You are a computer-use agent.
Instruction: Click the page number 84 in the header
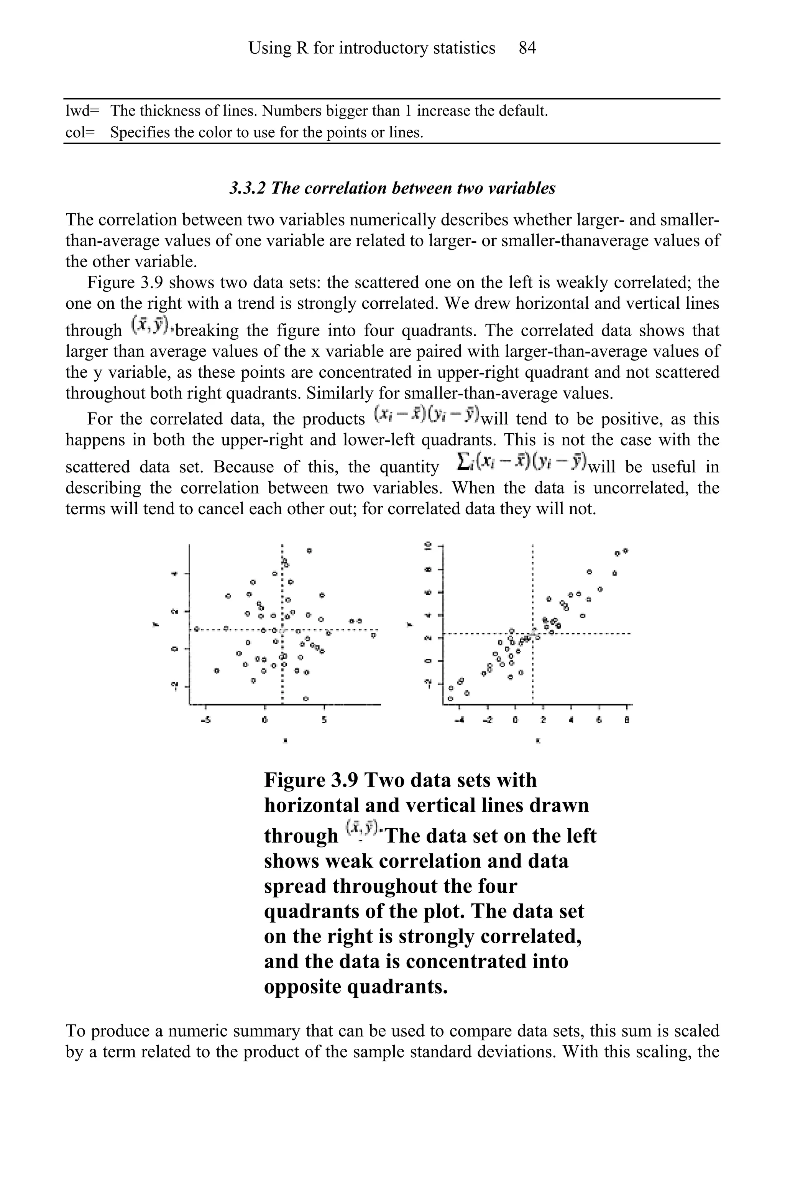coord(527,48)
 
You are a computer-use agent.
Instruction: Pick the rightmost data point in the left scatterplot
coord(373,635)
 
